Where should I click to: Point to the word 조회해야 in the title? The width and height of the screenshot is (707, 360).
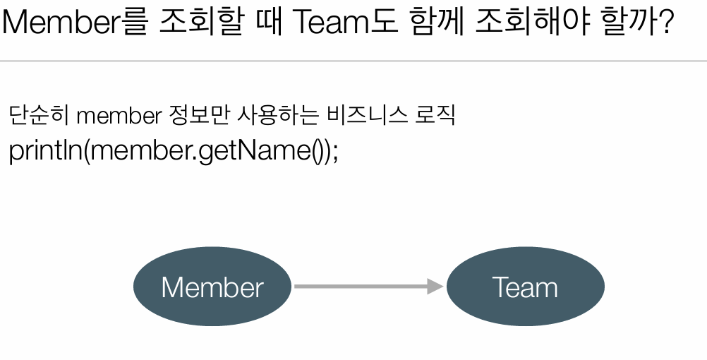coord(539,23)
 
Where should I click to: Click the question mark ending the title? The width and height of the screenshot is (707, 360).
coord(664,23)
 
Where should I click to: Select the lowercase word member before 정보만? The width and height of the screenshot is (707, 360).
coord(117,116)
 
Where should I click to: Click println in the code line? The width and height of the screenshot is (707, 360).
coord(45,151)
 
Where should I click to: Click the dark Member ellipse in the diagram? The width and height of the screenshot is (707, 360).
coord(212,287)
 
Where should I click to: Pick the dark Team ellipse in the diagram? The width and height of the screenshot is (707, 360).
coord(525,287)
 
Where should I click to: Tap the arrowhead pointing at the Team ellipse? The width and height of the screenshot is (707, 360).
coord(435,286)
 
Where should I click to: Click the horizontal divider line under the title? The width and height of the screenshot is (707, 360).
coord(353,61)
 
